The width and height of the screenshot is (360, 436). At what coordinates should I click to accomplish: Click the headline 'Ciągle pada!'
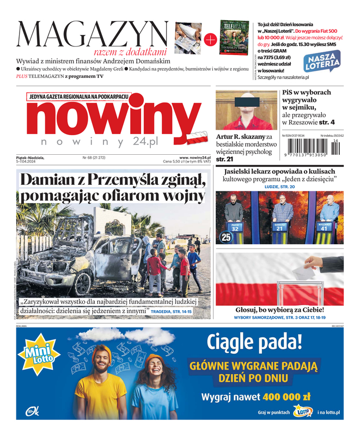(254, 342)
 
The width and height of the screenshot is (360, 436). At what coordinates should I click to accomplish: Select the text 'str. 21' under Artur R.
(225, 159)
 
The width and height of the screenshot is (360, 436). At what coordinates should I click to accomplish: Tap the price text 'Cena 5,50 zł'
(175, 162)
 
